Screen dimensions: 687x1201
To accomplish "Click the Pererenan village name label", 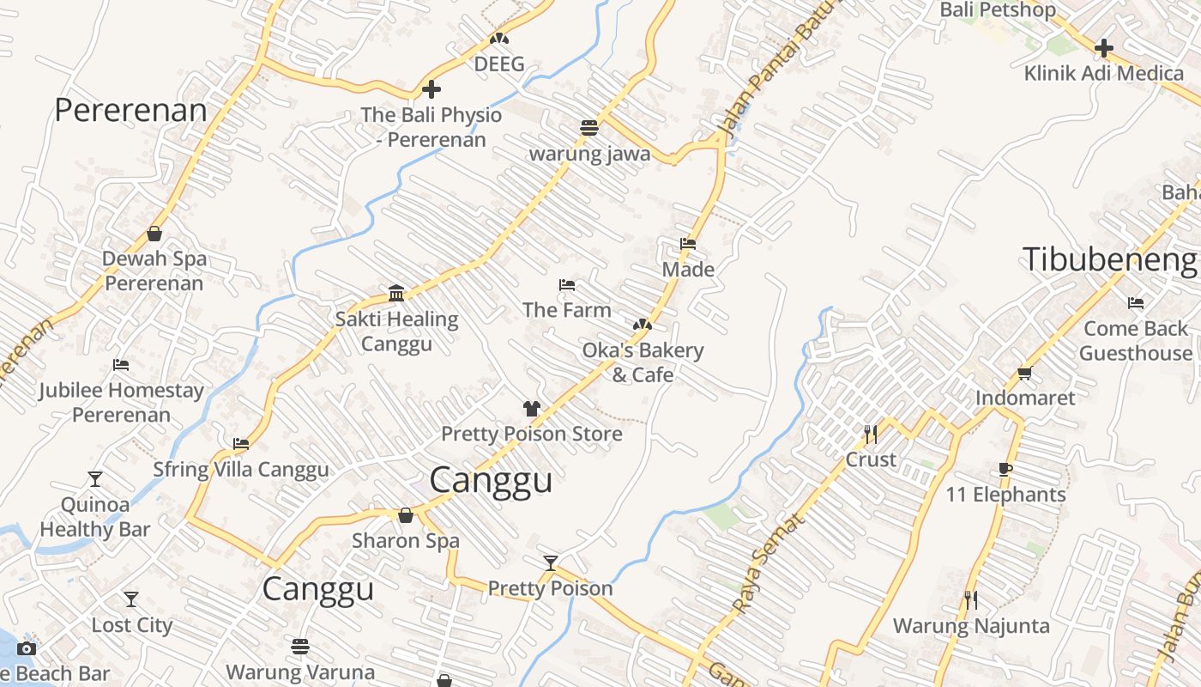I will pos(130,111).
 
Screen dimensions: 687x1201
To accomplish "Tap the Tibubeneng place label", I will pos(1110,259).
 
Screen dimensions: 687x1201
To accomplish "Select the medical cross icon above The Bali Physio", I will pos(432,89).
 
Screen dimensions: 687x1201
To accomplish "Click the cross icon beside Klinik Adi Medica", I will pos(1104,48).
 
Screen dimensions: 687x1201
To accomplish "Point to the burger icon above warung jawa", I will pos(588,129).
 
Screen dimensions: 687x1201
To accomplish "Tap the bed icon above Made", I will pos(688,244).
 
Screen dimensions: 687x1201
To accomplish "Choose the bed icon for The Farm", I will pos(566,285).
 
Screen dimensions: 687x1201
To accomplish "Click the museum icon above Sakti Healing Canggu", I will pos(396,294).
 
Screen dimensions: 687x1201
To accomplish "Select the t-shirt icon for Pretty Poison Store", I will pos(532,409).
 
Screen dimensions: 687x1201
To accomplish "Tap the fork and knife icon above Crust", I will pos(871,435).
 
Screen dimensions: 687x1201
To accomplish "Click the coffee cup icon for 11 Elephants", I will pos(1005,469).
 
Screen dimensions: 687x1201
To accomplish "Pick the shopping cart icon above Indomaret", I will pos(1024,373).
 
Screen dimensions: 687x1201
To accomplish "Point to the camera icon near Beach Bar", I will pos(27,648).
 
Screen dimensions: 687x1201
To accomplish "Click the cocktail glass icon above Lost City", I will pos(131,599).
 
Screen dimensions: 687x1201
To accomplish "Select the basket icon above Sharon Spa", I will pos(406,515).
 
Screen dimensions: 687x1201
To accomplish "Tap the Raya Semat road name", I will pos(769,563).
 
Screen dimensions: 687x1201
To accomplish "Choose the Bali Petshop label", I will pos(998,10).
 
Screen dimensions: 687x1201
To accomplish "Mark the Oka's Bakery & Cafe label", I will pos(643,362).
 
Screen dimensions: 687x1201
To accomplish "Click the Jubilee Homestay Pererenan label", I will pos(121,402).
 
